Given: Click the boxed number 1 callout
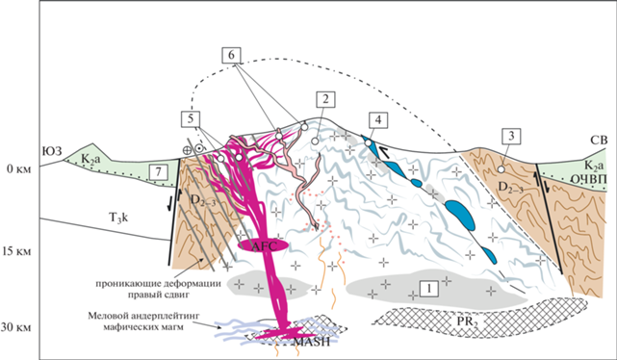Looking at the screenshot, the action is pyautogui.click(x=429, y=289).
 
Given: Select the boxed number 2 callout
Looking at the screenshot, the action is pyautogui.click(x=325, y=99).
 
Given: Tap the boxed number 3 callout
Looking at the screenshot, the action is pyautogui.click(x=511, y=136).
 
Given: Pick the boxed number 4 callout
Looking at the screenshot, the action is pyautogui.click(x=377, y=120).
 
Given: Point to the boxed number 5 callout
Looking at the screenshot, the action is pyautogui.click(x=191, y=118).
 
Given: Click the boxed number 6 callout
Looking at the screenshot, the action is pyautogui.click(x=231, y=55).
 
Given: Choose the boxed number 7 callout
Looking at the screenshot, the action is pyautogui.click(x=158, y=172).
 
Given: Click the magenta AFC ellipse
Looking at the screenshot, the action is pyautogui.click(x=263, y=245).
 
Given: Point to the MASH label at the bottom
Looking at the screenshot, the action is pyautogui.click(x=312, y=342).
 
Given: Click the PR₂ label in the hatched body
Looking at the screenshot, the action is pyautogui.click(x=468, y=321).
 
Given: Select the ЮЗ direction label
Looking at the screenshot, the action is pyautogui.click(x=52, y=151).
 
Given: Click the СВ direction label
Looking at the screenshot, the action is pyautogui.click(x=599, y=141).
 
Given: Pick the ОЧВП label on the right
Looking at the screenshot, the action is pyautogui.click(x=588, y=179).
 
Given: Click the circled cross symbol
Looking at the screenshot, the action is pyautogui.click(x=187, y=149).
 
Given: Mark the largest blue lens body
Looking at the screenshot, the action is pyautogui.click(x=460, y=215).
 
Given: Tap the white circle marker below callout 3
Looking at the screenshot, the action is pyautogui.click(x=501, y=169).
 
